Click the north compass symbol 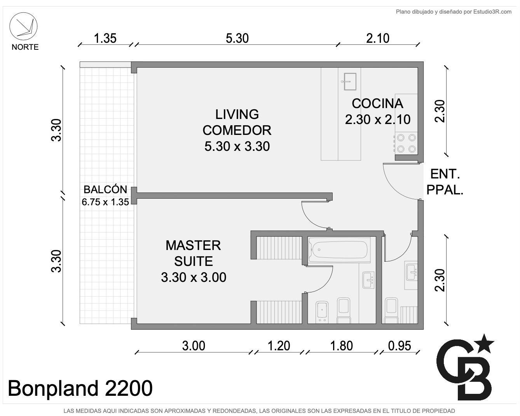coord(23,26)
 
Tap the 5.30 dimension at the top coord(237,38)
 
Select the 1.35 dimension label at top coord(105,38)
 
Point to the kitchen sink coord(350,82)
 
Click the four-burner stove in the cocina coord(407,143)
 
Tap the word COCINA coord(377,103)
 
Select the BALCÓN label coord(105,189)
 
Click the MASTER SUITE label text coord(193,253)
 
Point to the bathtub coord(340,250)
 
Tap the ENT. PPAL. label coord(445,182)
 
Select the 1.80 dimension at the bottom coord(342,346)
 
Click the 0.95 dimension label coord(400,346)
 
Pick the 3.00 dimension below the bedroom coord(194,346)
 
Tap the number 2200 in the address coord(129,388)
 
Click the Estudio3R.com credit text coord(492,12)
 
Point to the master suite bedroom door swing coord(314,215)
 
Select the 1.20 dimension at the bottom coord(279,346)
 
